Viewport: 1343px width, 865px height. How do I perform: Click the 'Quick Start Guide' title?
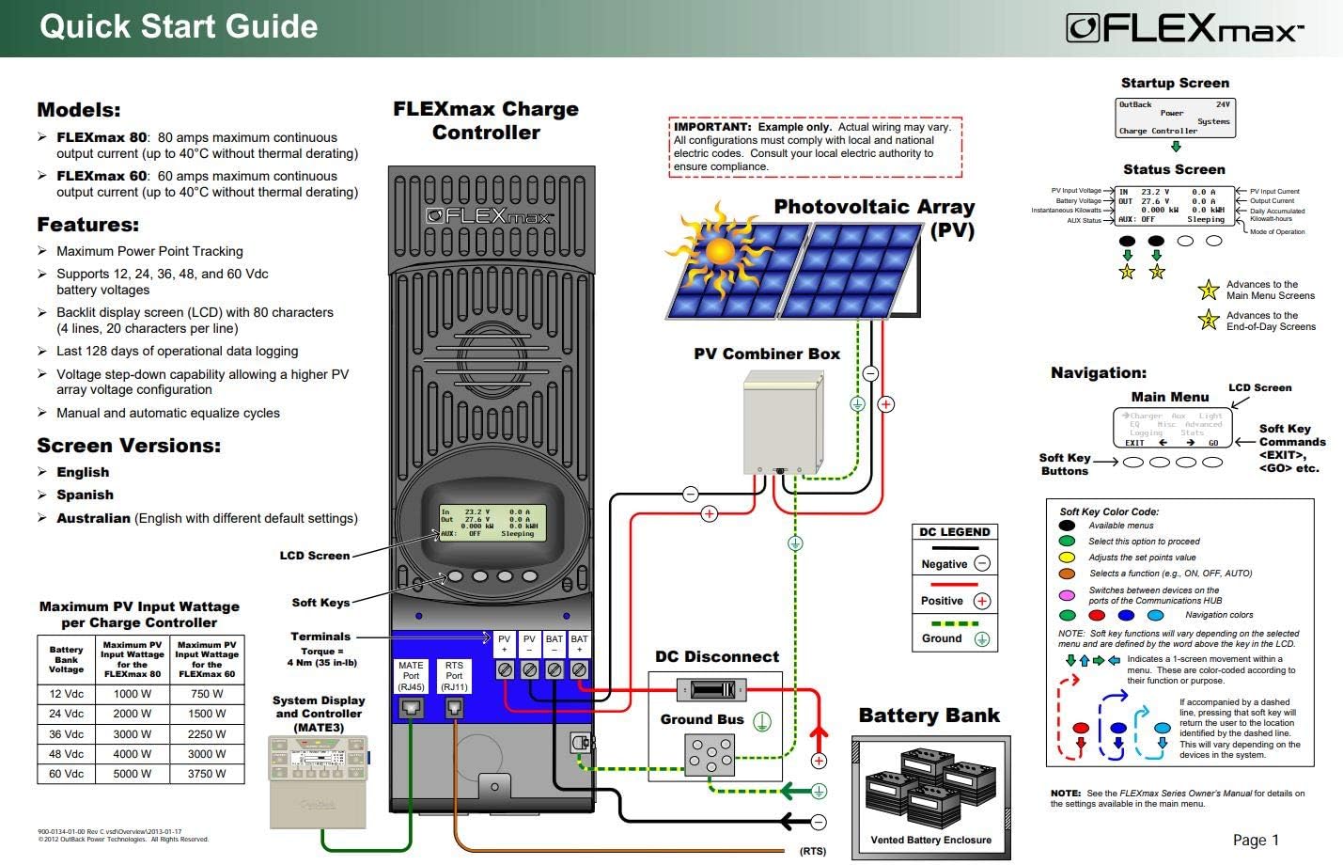coord(179,26)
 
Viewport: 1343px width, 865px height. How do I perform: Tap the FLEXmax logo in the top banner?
coord(1184,28)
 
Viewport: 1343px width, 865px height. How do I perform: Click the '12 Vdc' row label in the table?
coord(66,694)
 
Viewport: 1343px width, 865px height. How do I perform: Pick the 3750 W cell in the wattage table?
coord(206,774)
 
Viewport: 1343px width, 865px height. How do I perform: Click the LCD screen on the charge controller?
coord(486,522)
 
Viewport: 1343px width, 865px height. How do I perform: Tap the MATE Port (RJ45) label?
coord(411,676)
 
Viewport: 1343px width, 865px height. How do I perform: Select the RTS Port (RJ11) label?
coord(454,676)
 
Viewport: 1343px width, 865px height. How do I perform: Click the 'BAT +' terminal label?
coord(579,644)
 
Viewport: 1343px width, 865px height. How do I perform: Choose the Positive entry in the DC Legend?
coord(955,600)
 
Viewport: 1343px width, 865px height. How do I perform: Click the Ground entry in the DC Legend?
coord(955,637)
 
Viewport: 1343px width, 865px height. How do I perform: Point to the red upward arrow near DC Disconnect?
coord(819,734)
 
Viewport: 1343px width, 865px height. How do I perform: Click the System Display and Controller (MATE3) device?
coord(318,780)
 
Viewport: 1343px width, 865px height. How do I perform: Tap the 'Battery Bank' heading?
coord(929,716)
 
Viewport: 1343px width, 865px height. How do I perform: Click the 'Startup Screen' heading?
coord(1175,83)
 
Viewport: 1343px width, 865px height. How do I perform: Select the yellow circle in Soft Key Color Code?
coord(1067,558)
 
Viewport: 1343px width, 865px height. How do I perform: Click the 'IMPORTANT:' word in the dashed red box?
coord(712,127)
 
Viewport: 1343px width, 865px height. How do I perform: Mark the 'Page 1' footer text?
coord(1256,840)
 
